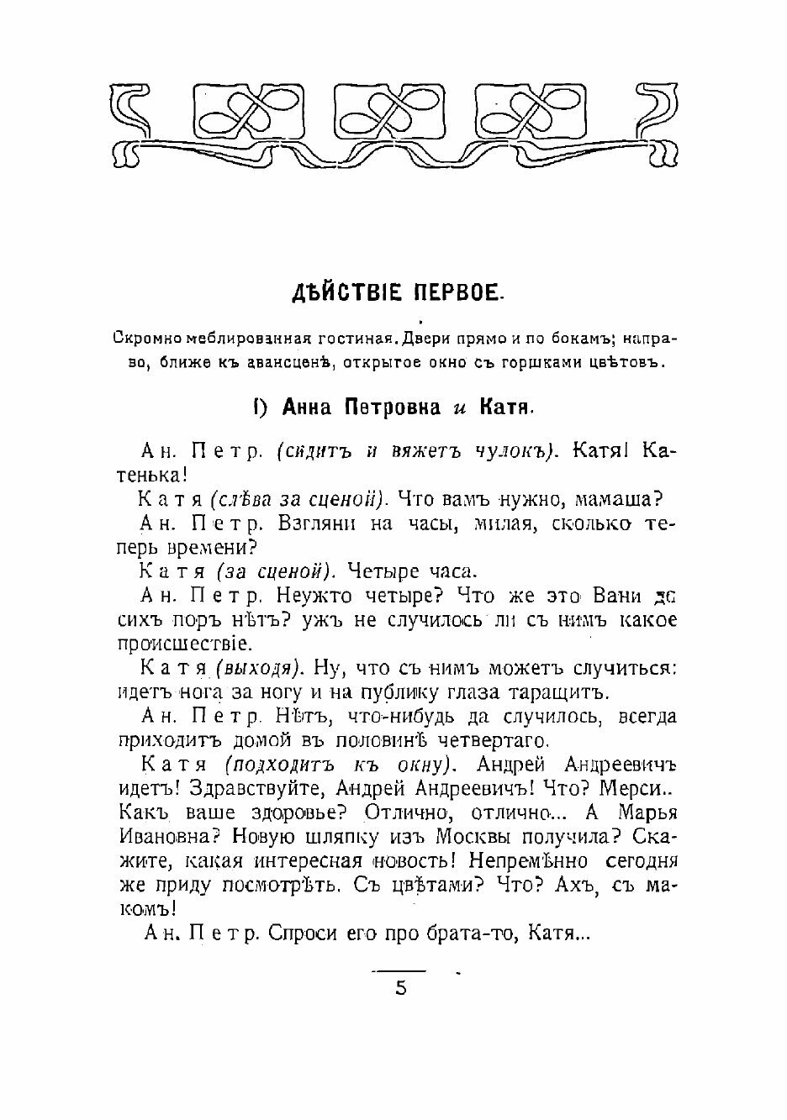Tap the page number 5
pos(400,987)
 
